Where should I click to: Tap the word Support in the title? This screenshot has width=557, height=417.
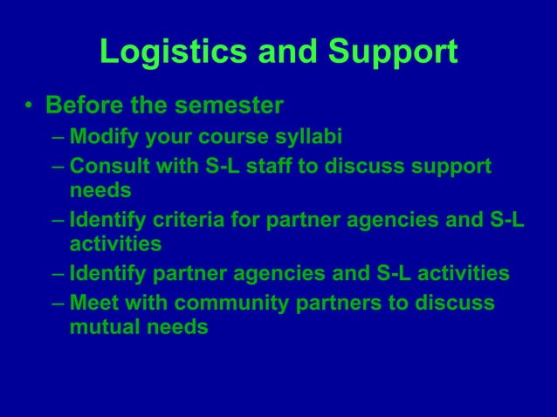[x=392, y=52]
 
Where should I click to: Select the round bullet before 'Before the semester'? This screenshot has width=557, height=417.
[x=29, y=107]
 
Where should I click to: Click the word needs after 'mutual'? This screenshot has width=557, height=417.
[x=179, y=328]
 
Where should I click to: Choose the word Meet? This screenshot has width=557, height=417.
[x=93, y=303]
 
